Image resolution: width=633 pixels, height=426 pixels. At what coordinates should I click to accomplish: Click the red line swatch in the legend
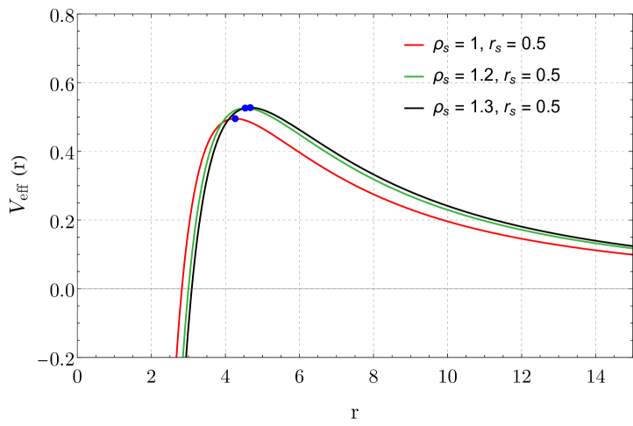pyautogui.click(x=414, y=45)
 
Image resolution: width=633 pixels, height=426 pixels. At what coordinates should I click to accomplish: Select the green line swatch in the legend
pyautogui.click(x=414, y=76)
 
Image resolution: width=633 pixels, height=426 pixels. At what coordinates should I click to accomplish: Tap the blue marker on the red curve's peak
pyautogui.click(x=235, y=118)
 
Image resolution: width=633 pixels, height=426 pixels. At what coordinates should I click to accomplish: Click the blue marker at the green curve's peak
pyautogui.click(x=247, y=108)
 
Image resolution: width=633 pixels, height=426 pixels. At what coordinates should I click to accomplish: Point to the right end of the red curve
pyautogui.click(x=630, y=254)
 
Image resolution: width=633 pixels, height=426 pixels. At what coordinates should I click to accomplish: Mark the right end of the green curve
pyautogui.click(x=630, y=248)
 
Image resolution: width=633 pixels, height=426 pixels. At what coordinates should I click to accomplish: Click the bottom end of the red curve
pyautogui.click(x=176, y=356)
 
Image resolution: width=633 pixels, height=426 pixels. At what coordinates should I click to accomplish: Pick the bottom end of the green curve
pyautogui.click(x=182, y=356)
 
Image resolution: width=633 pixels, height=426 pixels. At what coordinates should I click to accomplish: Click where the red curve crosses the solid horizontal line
pyautogui.click(x=181, y=288)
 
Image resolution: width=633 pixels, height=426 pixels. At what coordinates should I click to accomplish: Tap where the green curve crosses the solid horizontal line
pyautogui.click(x=188, y=288)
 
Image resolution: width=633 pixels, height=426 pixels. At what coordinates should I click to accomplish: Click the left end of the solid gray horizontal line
pyautogui.click(x=79, y=288)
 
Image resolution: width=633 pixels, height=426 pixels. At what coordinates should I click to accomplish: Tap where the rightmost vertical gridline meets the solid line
pyautogui.click(x=595, y=288)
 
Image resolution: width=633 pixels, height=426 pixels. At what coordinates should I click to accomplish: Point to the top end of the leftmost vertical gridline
pyautogui.click(x=151, y=18)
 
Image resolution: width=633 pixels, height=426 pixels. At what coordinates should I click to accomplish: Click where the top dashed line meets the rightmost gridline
pyautogui.click(x=595, y=82)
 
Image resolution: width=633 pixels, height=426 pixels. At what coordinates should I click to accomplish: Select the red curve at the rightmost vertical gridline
pyautogui.click(x=595, y=249)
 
